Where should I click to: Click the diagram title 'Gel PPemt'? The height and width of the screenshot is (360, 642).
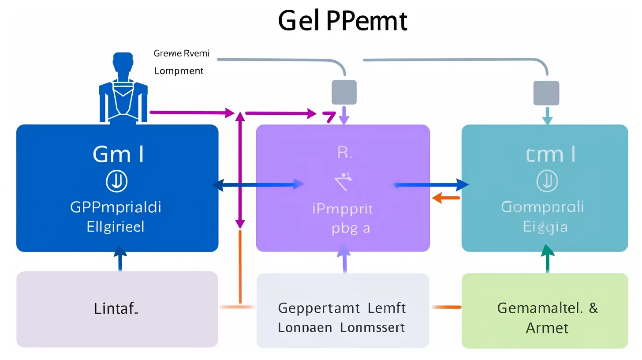click(x=342, y=21)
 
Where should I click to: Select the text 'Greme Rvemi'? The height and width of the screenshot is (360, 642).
click(x=181, y=53)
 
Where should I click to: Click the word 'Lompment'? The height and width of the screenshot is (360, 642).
click(x=179, y=71)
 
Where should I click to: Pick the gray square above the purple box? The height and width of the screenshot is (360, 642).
click(x=344, y=92)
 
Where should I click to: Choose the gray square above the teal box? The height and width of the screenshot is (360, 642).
click(x=547, y=93)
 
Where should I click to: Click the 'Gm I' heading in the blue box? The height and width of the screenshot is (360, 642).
click(x=118, y=154)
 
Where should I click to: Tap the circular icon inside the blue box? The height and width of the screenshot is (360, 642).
click(x=117, y=181)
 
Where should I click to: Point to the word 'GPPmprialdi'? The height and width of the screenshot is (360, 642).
click(x=116, y=207)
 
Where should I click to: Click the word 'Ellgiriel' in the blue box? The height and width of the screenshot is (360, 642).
click(x=116, y=227)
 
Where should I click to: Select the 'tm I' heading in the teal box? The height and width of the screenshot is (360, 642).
click(x=551, y=154)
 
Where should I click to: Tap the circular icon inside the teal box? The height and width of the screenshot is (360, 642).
click(x=547, y=181)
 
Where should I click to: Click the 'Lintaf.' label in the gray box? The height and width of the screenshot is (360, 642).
click(x=116, y=309)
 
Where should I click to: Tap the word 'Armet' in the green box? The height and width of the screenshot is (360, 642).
click(x=547, y=328)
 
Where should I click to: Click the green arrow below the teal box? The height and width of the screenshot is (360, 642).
click(x=547, y=258)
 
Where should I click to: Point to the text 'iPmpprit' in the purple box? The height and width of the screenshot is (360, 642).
click(x=342, y=208)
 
